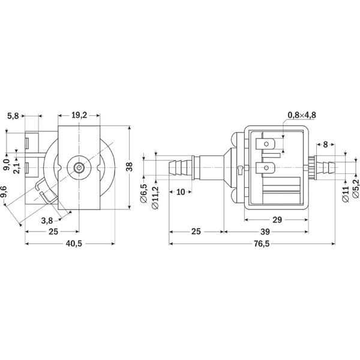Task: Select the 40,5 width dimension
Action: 74,244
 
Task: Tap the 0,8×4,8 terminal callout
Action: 302,115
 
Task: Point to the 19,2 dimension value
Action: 79,115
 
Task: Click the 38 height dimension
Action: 130,167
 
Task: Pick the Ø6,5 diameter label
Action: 144,193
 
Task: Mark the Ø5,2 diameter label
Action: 355,188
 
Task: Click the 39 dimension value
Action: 265,232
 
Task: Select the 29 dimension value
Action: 277,220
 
